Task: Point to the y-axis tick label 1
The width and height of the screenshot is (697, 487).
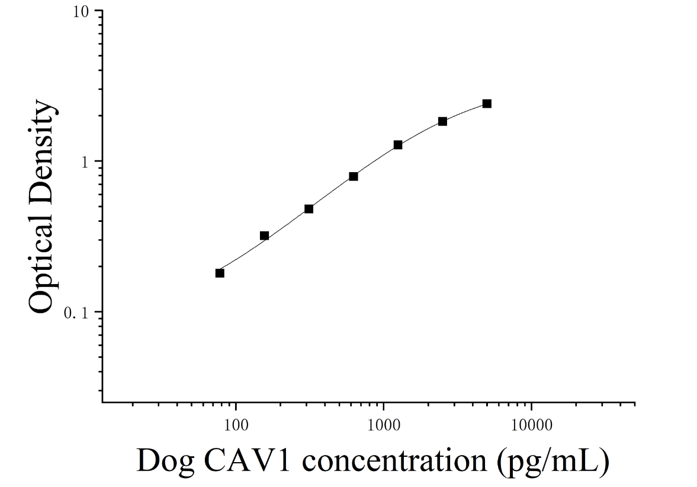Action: pyautogui.click(x=85, y=162)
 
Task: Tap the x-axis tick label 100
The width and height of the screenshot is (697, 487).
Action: pyautogui.click(x=236, y=425)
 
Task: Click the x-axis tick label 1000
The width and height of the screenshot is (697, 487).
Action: pyautogui.click(x=384, y=425)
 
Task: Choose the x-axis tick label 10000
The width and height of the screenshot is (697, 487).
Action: pyautogui.click(x=532, y=425)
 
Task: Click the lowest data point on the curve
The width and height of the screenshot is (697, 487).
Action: pyautogui.click(x=220, y=273)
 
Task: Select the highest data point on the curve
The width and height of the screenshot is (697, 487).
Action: pyautogui.click(x=487, y=104)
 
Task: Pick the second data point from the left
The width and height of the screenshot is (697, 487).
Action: pyautogui.click(x=264, y=236)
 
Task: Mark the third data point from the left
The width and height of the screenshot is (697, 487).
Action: pyautogui.click(x=309, y=208)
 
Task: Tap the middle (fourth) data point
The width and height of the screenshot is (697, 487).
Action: pyautogui.click(x=354, y=176)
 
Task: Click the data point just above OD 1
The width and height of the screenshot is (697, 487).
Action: pyautogui.click(x=398, y=145)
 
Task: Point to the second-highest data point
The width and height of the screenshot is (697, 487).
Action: pyautogui.click(x=442, y=121)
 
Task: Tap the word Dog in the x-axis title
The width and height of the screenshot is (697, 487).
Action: pyautogui.click(x=165, y=462)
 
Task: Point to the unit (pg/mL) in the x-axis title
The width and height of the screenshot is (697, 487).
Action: pyautogui.click(x=553, y=462)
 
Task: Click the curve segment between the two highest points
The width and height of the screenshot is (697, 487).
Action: pyautogui.click(x=464, y=111)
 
